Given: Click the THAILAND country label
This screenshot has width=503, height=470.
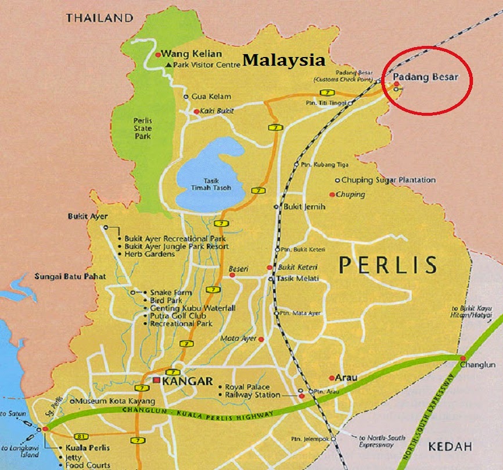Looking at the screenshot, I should [99, 18].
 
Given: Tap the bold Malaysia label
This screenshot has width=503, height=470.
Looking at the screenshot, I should [283, 59].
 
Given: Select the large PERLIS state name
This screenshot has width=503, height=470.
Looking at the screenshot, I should [388, 265].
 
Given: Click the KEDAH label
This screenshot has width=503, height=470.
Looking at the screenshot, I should [450, 446].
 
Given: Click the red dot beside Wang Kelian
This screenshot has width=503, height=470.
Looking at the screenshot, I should [157, 55].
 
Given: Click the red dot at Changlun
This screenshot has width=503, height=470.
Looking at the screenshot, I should [463, 358].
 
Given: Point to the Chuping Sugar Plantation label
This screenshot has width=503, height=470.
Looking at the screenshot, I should [388, 180].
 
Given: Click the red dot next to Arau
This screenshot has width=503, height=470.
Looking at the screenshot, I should [331, 378].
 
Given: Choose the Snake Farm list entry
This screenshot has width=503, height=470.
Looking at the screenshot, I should [171, 292].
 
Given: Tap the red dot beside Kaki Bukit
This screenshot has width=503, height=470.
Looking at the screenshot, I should [196, 111].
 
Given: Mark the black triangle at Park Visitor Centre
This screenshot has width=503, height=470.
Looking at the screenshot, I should [168, 65].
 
